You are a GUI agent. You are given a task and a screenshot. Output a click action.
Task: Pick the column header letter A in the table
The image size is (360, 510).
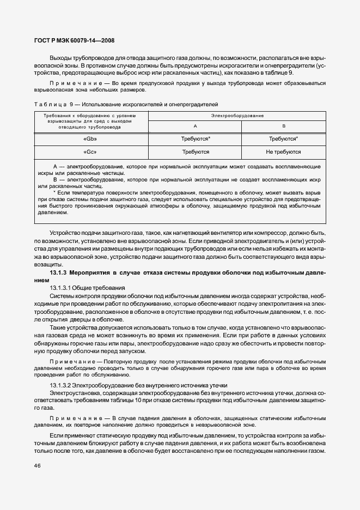coord(196,126)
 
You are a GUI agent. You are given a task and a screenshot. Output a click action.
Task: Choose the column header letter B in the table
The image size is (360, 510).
coord(283,126)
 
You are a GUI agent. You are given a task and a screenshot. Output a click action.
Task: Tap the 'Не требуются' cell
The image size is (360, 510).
coord(283,152)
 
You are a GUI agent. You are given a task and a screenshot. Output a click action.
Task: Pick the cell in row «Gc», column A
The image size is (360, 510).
coord(196,152)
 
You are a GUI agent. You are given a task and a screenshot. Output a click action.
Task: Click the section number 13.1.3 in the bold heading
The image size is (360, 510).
coord(58,272)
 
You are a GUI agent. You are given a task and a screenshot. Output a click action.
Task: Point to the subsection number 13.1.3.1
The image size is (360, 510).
coord(62,287)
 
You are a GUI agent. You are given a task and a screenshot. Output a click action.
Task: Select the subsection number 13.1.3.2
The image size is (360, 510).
coord(62,385)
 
